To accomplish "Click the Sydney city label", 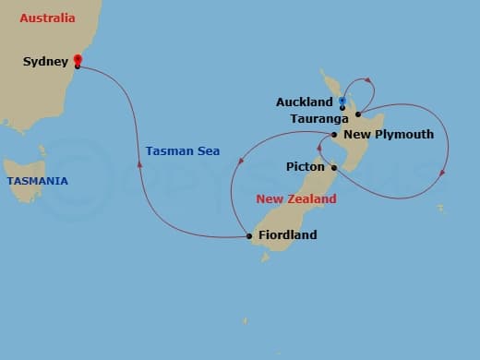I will coord(46,62).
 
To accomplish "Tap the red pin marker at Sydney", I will coord(78,61).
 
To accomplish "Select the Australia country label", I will coord(47,18).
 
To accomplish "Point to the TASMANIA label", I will coord(37,181).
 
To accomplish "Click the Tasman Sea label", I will coord(183,151).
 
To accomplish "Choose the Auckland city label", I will coord(305,102).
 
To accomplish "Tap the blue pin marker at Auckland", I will coord(342,101).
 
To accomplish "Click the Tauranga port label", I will coord(318,118).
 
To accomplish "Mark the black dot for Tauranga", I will coord(357,114).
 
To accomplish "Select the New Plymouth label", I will coord(388,135).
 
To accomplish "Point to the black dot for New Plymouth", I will coord(334,135).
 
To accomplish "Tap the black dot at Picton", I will coord(334,168).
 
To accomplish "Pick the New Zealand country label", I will coord(295,199).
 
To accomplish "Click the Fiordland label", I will coord(287,235).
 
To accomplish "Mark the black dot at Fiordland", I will coord(249,236).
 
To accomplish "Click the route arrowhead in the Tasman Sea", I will coord(139,164).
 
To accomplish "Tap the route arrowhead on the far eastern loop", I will coord(444,172).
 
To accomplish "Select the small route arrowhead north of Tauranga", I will coord(366,80).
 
